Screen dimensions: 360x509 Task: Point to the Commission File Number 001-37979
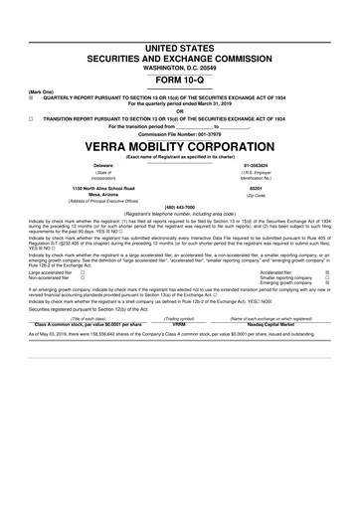(x=179, y=134)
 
